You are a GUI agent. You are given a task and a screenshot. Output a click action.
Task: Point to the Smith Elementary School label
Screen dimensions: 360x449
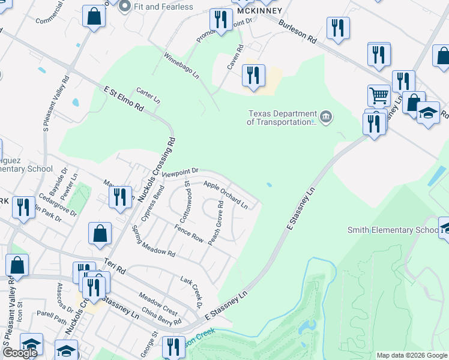click(393, 230)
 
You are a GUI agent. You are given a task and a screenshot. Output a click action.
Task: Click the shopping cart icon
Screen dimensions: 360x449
click(379, 95)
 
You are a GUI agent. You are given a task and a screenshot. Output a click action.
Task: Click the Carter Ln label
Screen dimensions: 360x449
click(148, 94)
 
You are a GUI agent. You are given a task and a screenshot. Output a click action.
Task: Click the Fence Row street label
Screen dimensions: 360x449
click(189, 233)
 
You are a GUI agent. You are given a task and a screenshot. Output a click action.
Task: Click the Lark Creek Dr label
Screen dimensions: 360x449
click(191, 291)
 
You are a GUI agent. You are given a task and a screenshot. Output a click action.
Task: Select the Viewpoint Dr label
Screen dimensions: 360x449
click(179, 172)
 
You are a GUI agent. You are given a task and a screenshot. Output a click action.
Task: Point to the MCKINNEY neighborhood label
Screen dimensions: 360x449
click(259, 11)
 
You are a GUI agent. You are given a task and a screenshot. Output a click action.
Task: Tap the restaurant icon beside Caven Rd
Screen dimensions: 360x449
click(253, 76)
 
